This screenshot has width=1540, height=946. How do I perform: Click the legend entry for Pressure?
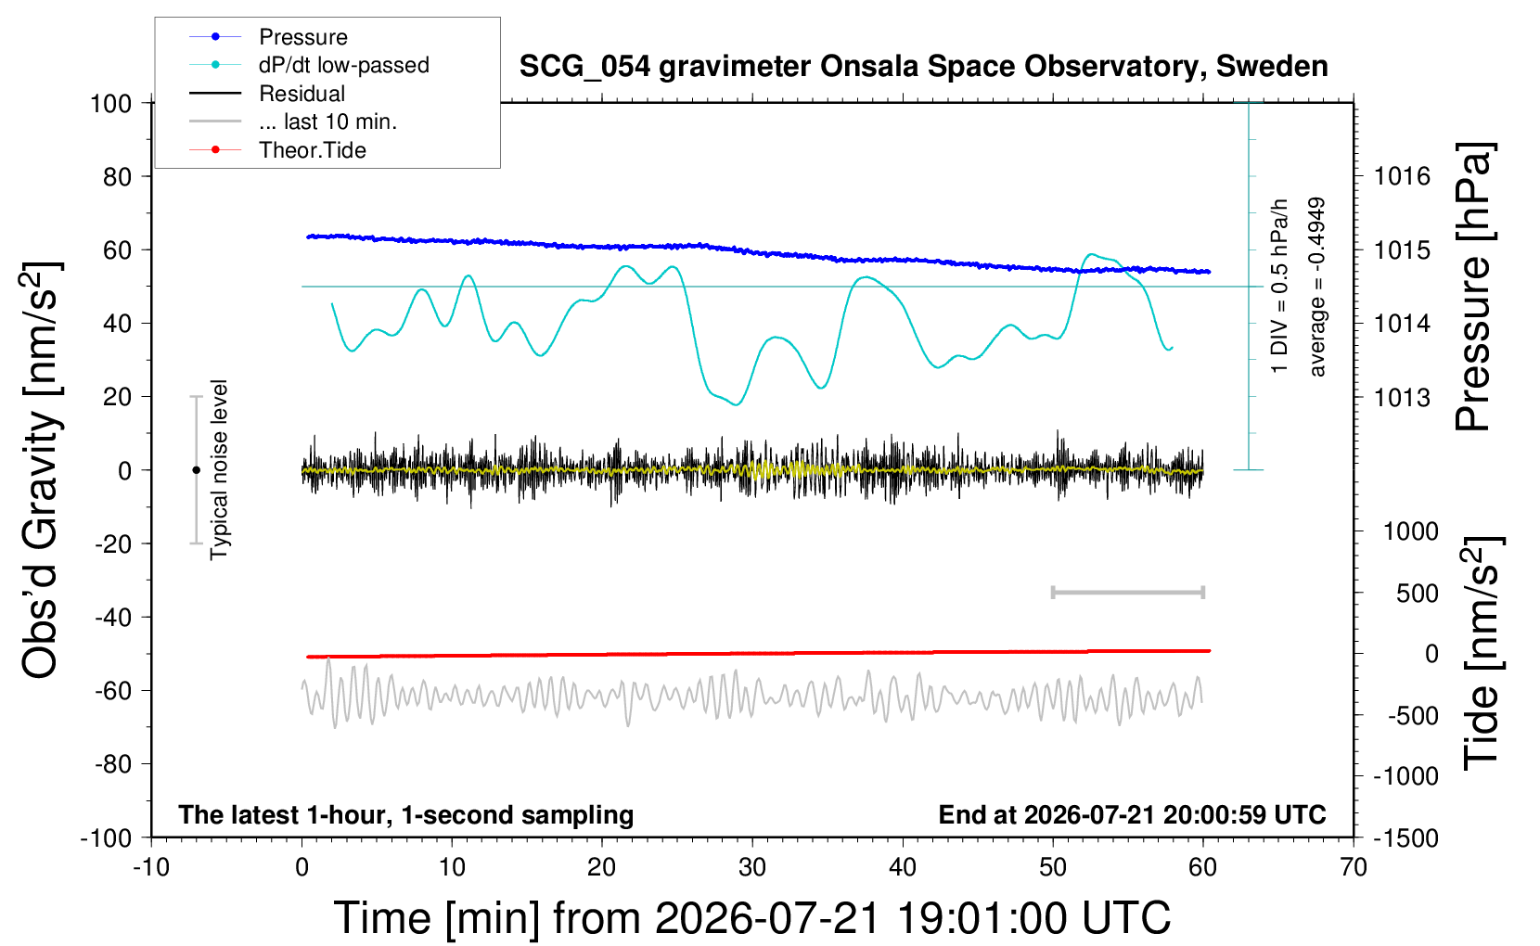pos(303,36)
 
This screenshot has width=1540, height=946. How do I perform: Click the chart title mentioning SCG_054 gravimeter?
pos(923,66)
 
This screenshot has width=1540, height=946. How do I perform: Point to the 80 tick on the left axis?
pos(117,177)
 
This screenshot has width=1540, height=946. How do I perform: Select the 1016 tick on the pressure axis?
pos(1402,177)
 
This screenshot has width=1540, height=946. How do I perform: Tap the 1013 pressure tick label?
pos(1402,397)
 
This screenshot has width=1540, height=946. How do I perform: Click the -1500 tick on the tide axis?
pos(1405,838)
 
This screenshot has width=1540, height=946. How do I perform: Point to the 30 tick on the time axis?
pos(752,867)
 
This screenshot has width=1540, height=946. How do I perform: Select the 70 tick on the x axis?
pos(1353,867)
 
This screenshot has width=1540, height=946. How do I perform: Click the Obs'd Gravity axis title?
pos(40,470)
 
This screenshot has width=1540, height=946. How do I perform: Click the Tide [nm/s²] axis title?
pos(1482,653)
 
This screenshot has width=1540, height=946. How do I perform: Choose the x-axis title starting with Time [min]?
pos(752,918)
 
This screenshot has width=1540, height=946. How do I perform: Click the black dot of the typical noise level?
pos(196,470)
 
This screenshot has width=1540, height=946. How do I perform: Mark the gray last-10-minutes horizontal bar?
pos(1127,592)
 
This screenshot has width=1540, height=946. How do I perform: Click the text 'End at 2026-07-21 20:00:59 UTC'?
pos(1133,814)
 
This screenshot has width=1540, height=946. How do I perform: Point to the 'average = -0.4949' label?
pos(1316,287)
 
